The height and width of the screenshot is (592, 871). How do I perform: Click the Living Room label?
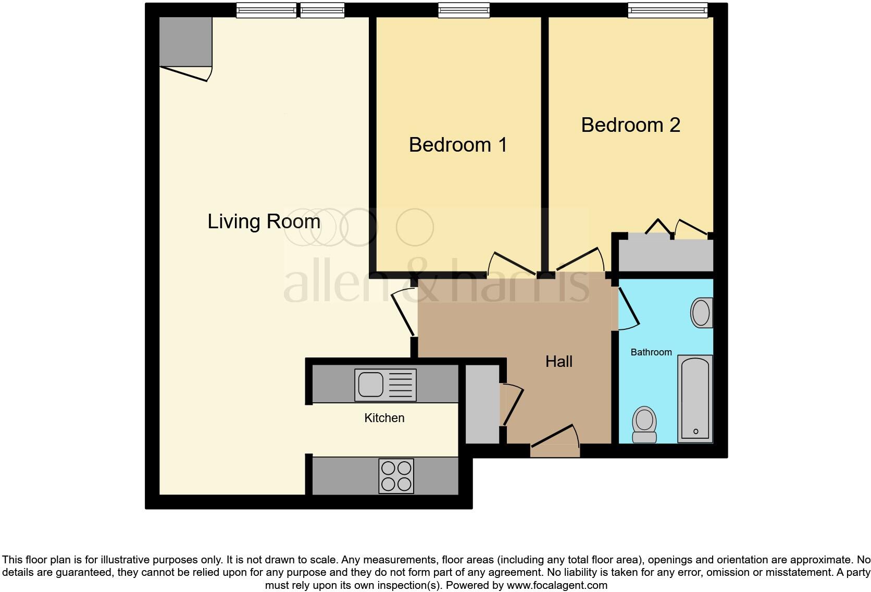tap(264, 221)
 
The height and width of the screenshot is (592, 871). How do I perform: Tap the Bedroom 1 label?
tap(458, 145)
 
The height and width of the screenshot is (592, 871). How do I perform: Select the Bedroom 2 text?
tap(631, 125)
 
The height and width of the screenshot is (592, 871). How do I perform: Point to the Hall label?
tap(559, 361)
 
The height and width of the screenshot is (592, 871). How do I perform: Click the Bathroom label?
tap(651, 352)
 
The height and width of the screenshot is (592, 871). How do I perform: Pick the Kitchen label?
tap(384, 418)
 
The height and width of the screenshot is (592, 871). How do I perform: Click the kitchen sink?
tap(385, 385)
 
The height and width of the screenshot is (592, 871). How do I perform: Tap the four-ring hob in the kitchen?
tap(396, 476)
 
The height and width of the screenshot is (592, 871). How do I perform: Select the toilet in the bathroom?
tap(644, 425)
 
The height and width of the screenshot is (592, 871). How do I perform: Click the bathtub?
tap(695, 399)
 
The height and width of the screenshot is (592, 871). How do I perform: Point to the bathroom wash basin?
tap(702, 313)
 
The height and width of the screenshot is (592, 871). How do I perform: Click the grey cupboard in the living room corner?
tap(186, 42)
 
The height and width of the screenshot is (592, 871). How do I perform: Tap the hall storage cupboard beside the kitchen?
tap(482, 404)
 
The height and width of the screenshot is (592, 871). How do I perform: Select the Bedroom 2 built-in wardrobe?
tap(666, 255)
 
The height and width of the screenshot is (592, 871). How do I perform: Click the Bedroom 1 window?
tap(464, 10)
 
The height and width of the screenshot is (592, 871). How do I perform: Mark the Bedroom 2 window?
tap(668, 10)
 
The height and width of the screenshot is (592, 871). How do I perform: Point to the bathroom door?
tap(628, 307)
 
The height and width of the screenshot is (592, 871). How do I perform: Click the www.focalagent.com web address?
tap(557, 585)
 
